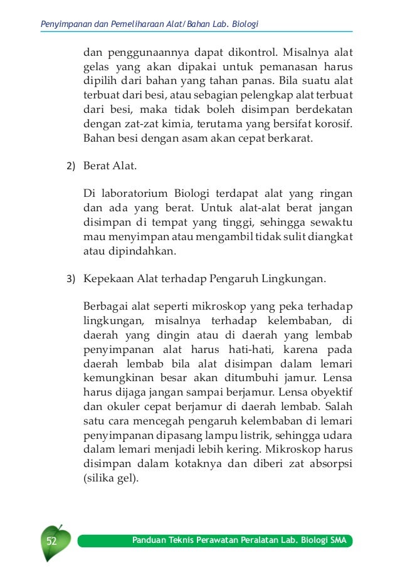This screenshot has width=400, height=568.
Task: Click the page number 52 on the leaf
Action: pyautogui.click(x=49, y=540)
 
